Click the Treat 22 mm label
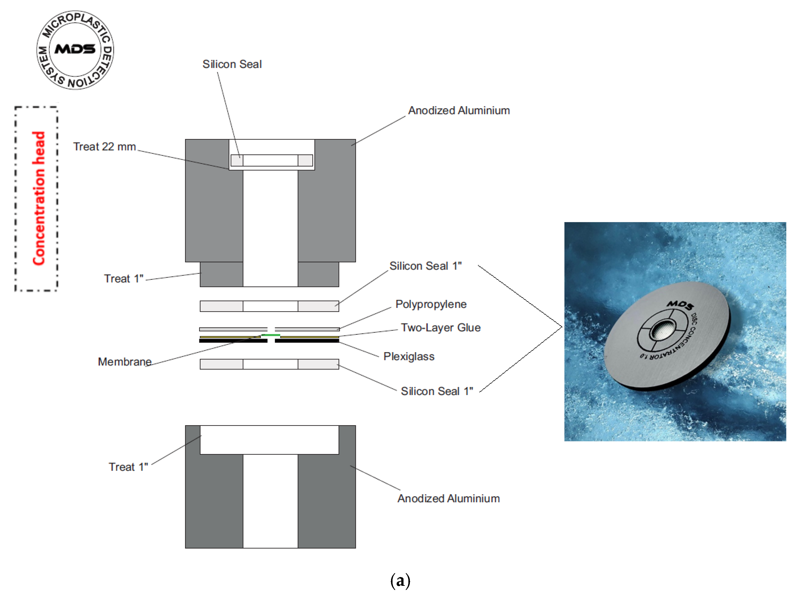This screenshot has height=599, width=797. click(105, 147)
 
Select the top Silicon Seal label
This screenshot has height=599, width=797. click(232, 64)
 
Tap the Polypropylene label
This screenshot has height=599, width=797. click(431, 304)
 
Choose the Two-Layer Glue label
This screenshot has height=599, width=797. click(440, 327)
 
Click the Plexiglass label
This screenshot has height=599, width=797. click(409, 356)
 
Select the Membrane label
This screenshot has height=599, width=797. click(125, 362)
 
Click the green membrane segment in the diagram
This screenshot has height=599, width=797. click(271, 335)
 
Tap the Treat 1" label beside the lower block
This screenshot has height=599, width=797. click(128, 467)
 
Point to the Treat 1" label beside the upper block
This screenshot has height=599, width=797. click(124, 278)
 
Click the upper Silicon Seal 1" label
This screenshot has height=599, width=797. click(425, 266)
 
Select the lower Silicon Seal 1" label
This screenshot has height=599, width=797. click(437, 391)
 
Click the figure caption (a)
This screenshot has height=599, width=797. click(400, 581)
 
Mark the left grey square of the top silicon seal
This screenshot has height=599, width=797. click(237, 160)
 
